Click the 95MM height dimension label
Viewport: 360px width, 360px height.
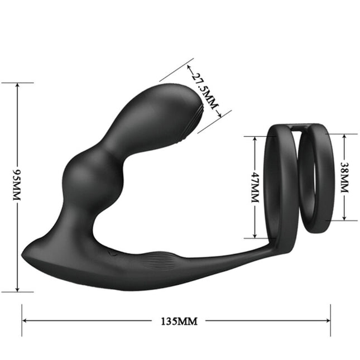[16, 187]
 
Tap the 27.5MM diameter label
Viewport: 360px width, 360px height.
[203, 92]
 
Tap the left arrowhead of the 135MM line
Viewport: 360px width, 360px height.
[25, 321]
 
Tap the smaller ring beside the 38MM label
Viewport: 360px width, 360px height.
[318, 179]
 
